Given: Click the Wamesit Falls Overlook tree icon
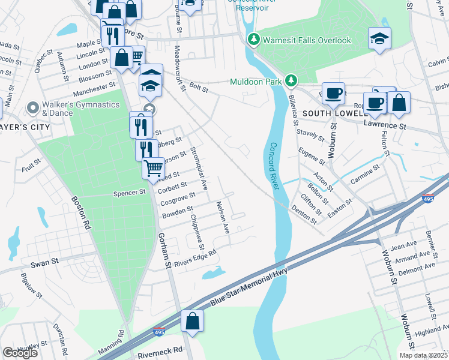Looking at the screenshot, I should point(254,40).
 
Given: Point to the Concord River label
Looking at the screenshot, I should point(277,166).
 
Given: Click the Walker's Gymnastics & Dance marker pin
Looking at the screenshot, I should point(33,109).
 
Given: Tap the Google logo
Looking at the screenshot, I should point(20,353).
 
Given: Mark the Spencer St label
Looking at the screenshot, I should point(130,193).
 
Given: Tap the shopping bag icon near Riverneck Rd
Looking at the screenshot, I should point(192,321).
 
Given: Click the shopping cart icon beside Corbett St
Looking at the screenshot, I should point(153,167).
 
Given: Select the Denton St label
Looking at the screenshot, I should point(304,212).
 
